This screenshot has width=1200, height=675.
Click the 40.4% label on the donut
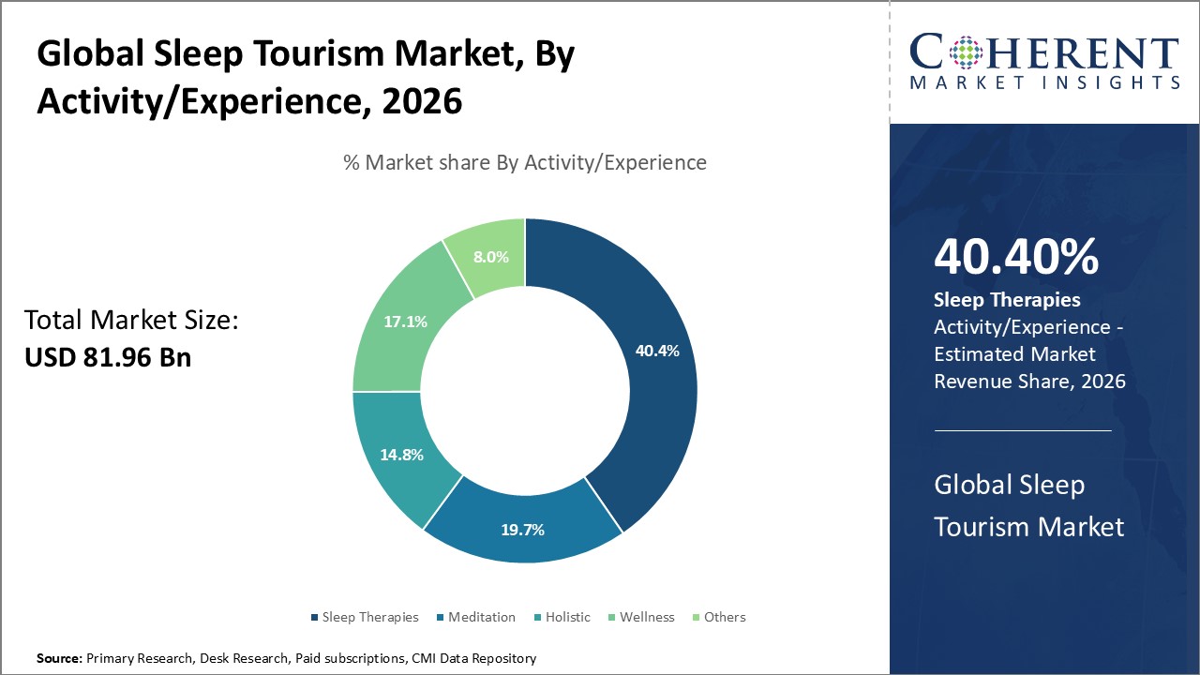pos(657,351)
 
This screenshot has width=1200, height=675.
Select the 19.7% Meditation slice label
pos(522,530)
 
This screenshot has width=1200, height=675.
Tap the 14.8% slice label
pos(401,455)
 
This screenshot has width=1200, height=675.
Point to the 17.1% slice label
pos(405,322)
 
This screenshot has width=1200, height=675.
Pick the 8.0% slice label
pos(491,257)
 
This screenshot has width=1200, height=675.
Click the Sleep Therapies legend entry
pos(365,617)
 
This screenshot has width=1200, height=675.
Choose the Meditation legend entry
pos(476,617)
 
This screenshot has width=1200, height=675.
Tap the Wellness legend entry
pos(641,617)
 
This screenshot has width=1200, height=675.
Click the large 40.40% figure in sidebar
pos(1016,258)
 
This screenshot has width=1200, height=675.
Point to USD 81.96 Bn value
pos(108,357)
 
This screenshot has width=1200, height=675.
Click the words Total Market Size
pos(131,321)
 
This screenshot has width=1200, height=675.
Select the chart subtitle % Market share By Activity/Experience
pos(524,162)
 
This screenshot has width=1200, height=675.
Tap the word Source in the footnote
pos(59,659)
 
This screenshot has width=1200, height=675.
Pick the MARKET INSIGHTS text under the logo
pos(1044,82)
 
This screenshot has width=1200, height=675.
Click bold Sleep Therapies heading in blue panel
pos(1007,300)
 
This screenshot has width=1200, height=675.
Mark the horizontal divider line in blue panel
pos(1023,430)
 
